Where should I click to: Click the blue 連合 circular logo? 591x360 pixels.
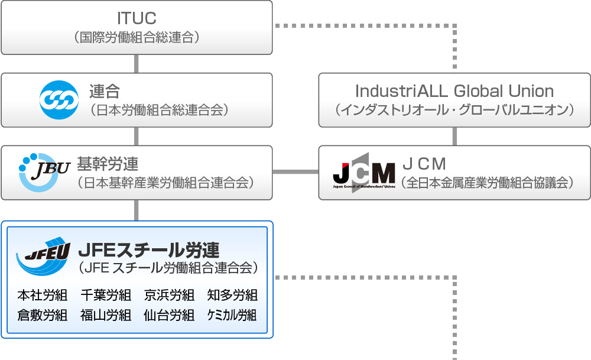pos(59,99)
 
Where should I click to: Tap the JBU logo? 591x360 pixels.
pos(44,173)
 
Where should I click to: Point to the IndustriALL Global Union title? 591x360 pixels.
pos(454,92)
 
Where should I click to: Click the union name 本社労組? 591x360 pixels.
pos(43,294)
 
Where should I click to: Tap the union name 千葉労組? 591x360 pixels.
pos(106,294)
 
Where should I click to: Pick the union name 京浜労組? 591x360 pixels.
pos(169,294)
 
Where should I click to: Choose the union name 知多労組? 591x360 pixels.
pos(232,294)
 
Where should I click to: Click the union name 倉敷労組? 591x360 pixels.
pos(43,315)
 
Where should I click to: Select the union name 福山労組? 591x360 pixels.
pos(106,315)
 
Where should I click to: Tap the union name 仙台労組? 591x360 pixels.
pos(169,315)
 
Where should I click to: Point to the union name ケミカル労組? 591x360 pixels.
pos(232,315)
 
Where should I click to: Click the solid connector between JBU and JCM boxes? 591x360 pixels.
pos(295,173)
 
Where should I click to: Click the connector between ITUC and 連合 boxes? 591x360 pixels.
pos(137,63)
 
